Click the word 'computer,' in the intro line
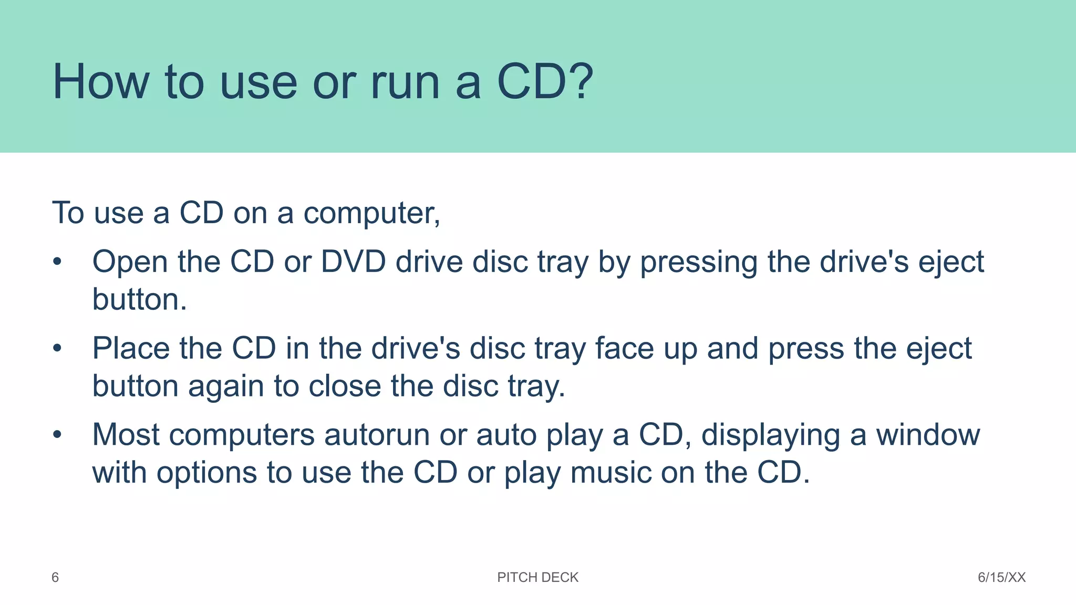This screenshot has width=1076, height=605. [371, 213]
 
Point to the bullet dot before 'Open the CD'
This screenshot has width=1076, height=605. [57, 262]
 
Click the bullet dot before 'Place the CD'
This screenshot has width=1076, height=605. [57, 348]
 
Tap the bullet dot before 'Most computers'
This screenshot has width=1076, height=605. [57, 434]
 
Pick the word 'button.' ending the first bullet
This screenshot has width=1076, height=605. [139, 299]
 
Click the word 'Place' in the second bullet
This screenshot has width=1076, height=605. [131, 348]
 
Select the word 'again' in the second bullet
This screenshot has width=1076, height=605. [226, 387]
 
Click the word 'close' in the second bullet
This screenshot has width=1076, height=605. [344, 386]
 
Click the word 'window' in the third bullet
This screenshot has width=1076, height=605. [927, 435]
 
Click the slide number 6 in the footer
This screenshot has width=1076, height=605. [55, 577]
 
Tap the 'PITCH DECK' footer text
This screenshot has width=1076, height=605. [537, 577]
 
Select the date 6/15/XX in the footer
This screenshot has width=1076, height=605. [1001, 577]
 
